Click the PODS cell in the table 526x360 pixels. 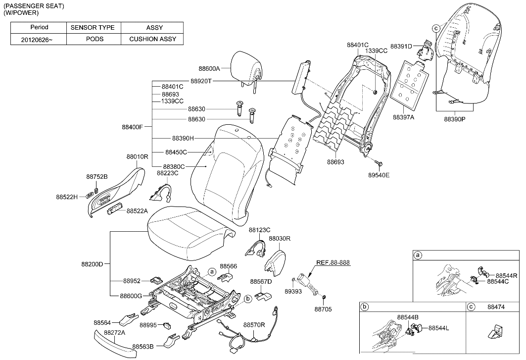click(x=94, y=39)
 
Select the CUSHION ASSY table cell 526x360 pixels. click(x=152, y=39)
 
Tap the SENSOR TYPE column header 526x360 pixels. click(x=94, y=28)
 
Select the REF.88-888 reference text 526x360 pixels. click(x=333, y=262)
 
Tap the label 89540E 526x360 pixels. click(x=379, y=175)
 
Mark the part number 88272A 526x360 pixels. click(x=114, y=332)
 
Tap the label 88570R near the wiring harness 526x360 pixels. click(x=254, y=325)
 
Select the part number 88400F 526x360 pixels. click(x=132, y=127)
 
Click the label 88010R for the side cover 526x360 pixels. click(x=137, y=156)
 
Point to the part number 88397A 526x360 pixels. click(x=404, y=117)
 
